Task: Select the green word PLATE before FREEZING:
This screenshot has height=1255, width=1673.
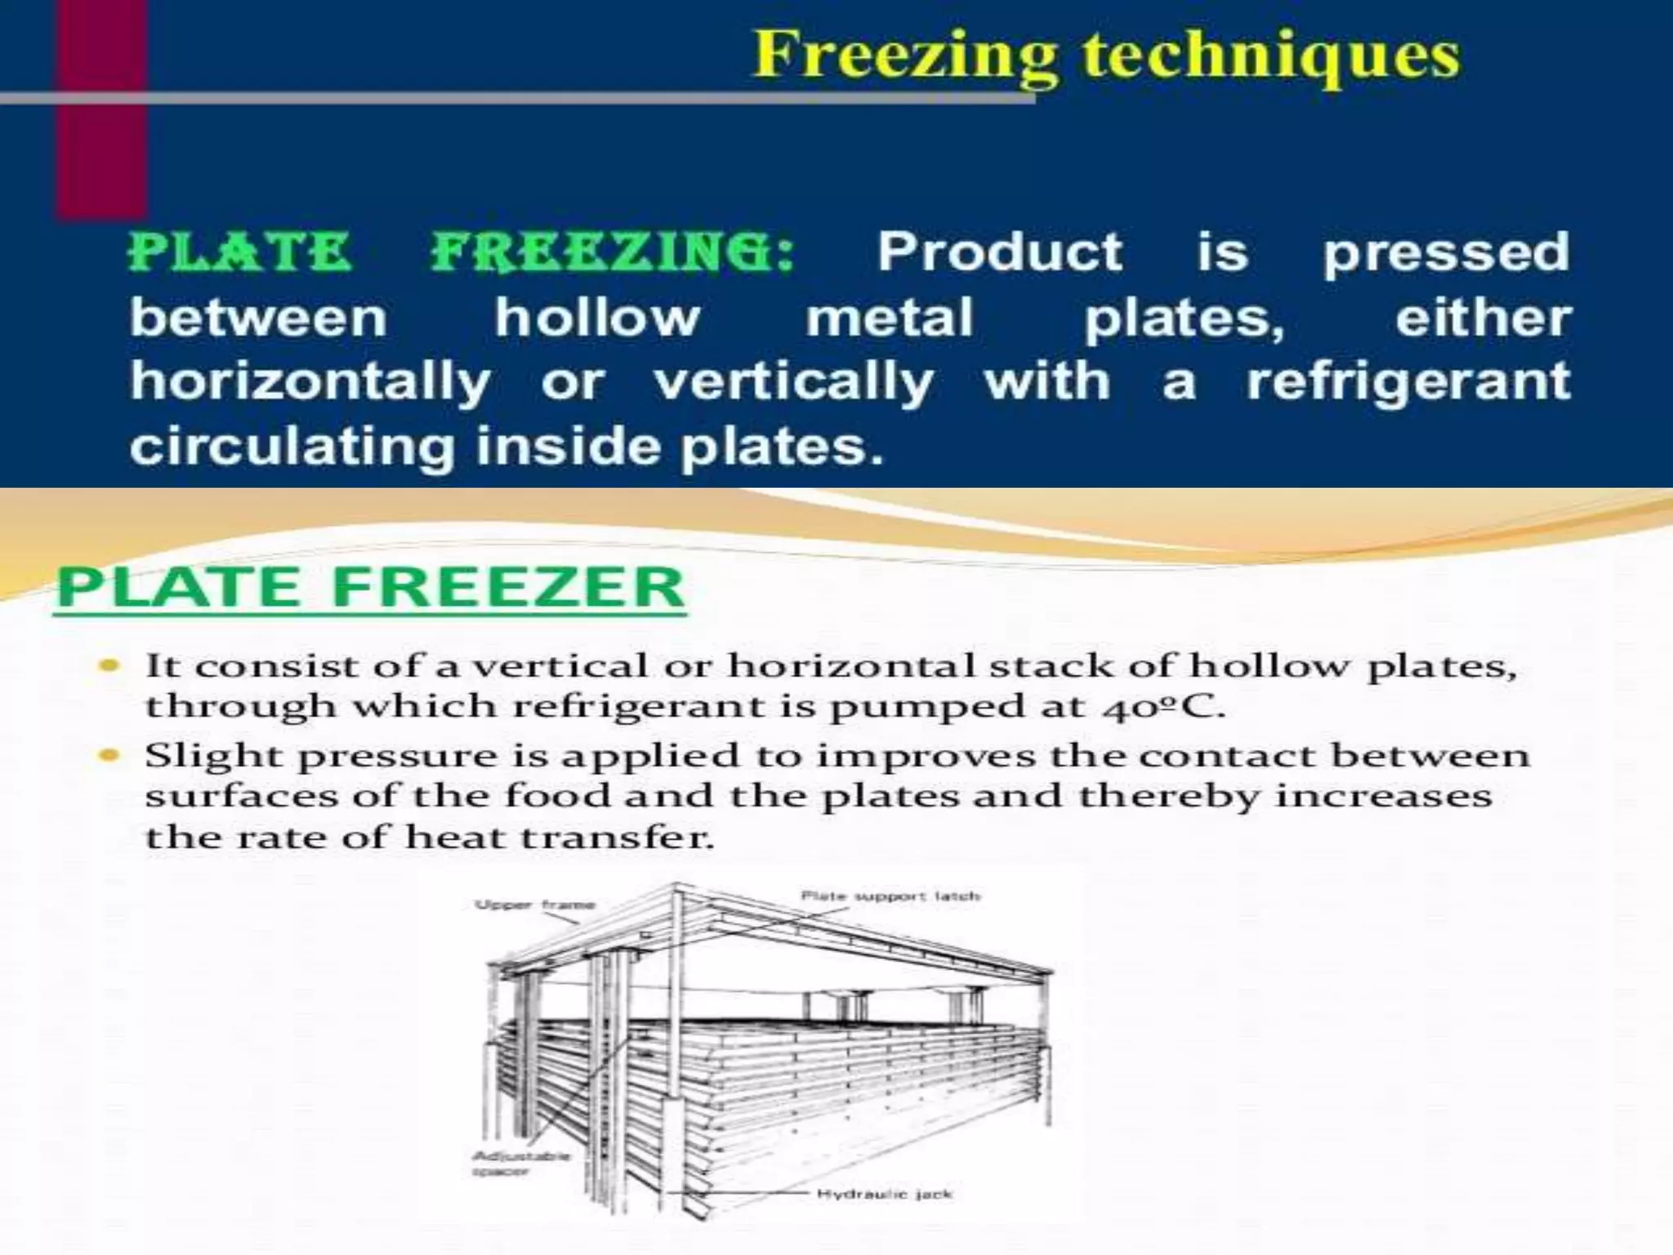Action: (240, 252)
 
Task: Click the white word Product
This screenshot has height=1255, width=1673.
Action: (1000, 252)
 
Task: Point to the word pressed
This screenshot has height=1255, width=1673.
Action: (1446, 253)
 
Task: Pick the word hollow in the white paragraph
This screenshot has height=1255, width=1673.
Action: (597, 317)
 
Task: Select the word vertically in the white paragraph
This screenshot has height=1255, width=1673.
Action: (793, 382)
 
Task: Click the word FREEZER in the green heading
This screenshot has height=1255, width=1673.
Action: (508, 587)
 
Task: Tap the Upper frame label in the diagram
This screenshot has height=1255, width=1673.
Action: (535, 904)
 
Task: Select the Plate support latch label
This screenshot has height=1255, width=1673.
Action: (890, 896)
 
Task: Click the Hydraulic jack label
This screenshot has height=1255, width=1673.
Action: (884, 1195)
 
